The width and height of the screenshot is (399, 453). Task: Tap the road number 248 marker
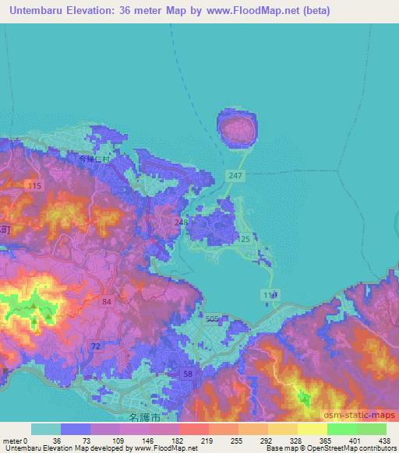(x=182, y=223)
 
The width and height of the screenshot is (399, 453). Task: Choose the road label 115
(x=34, y=185)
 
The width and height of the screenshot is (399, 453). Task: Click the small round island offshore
(x=237, y=128)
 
